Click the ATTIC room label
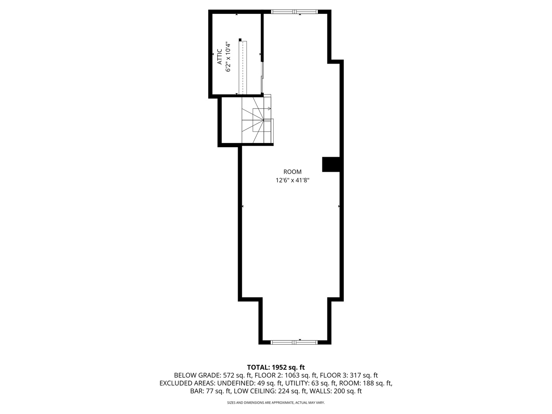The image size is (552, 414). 219,56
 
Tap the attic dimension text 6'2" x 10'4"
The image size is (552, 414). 228,57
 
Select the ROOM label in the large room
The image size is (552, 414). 292,172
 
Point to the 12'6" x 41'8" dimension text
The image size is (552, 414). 292,180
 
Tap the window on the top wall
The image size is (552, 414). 294,11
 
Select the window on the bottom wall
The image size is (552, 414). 294,342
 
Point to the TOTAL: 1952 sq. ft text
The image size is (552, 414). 276,367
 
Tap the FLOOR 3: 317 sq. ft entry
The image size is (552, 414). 349,375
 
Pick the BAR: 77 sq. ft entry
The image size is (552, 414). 210,391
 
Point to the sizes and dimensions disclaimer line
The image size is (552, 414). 276,403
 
